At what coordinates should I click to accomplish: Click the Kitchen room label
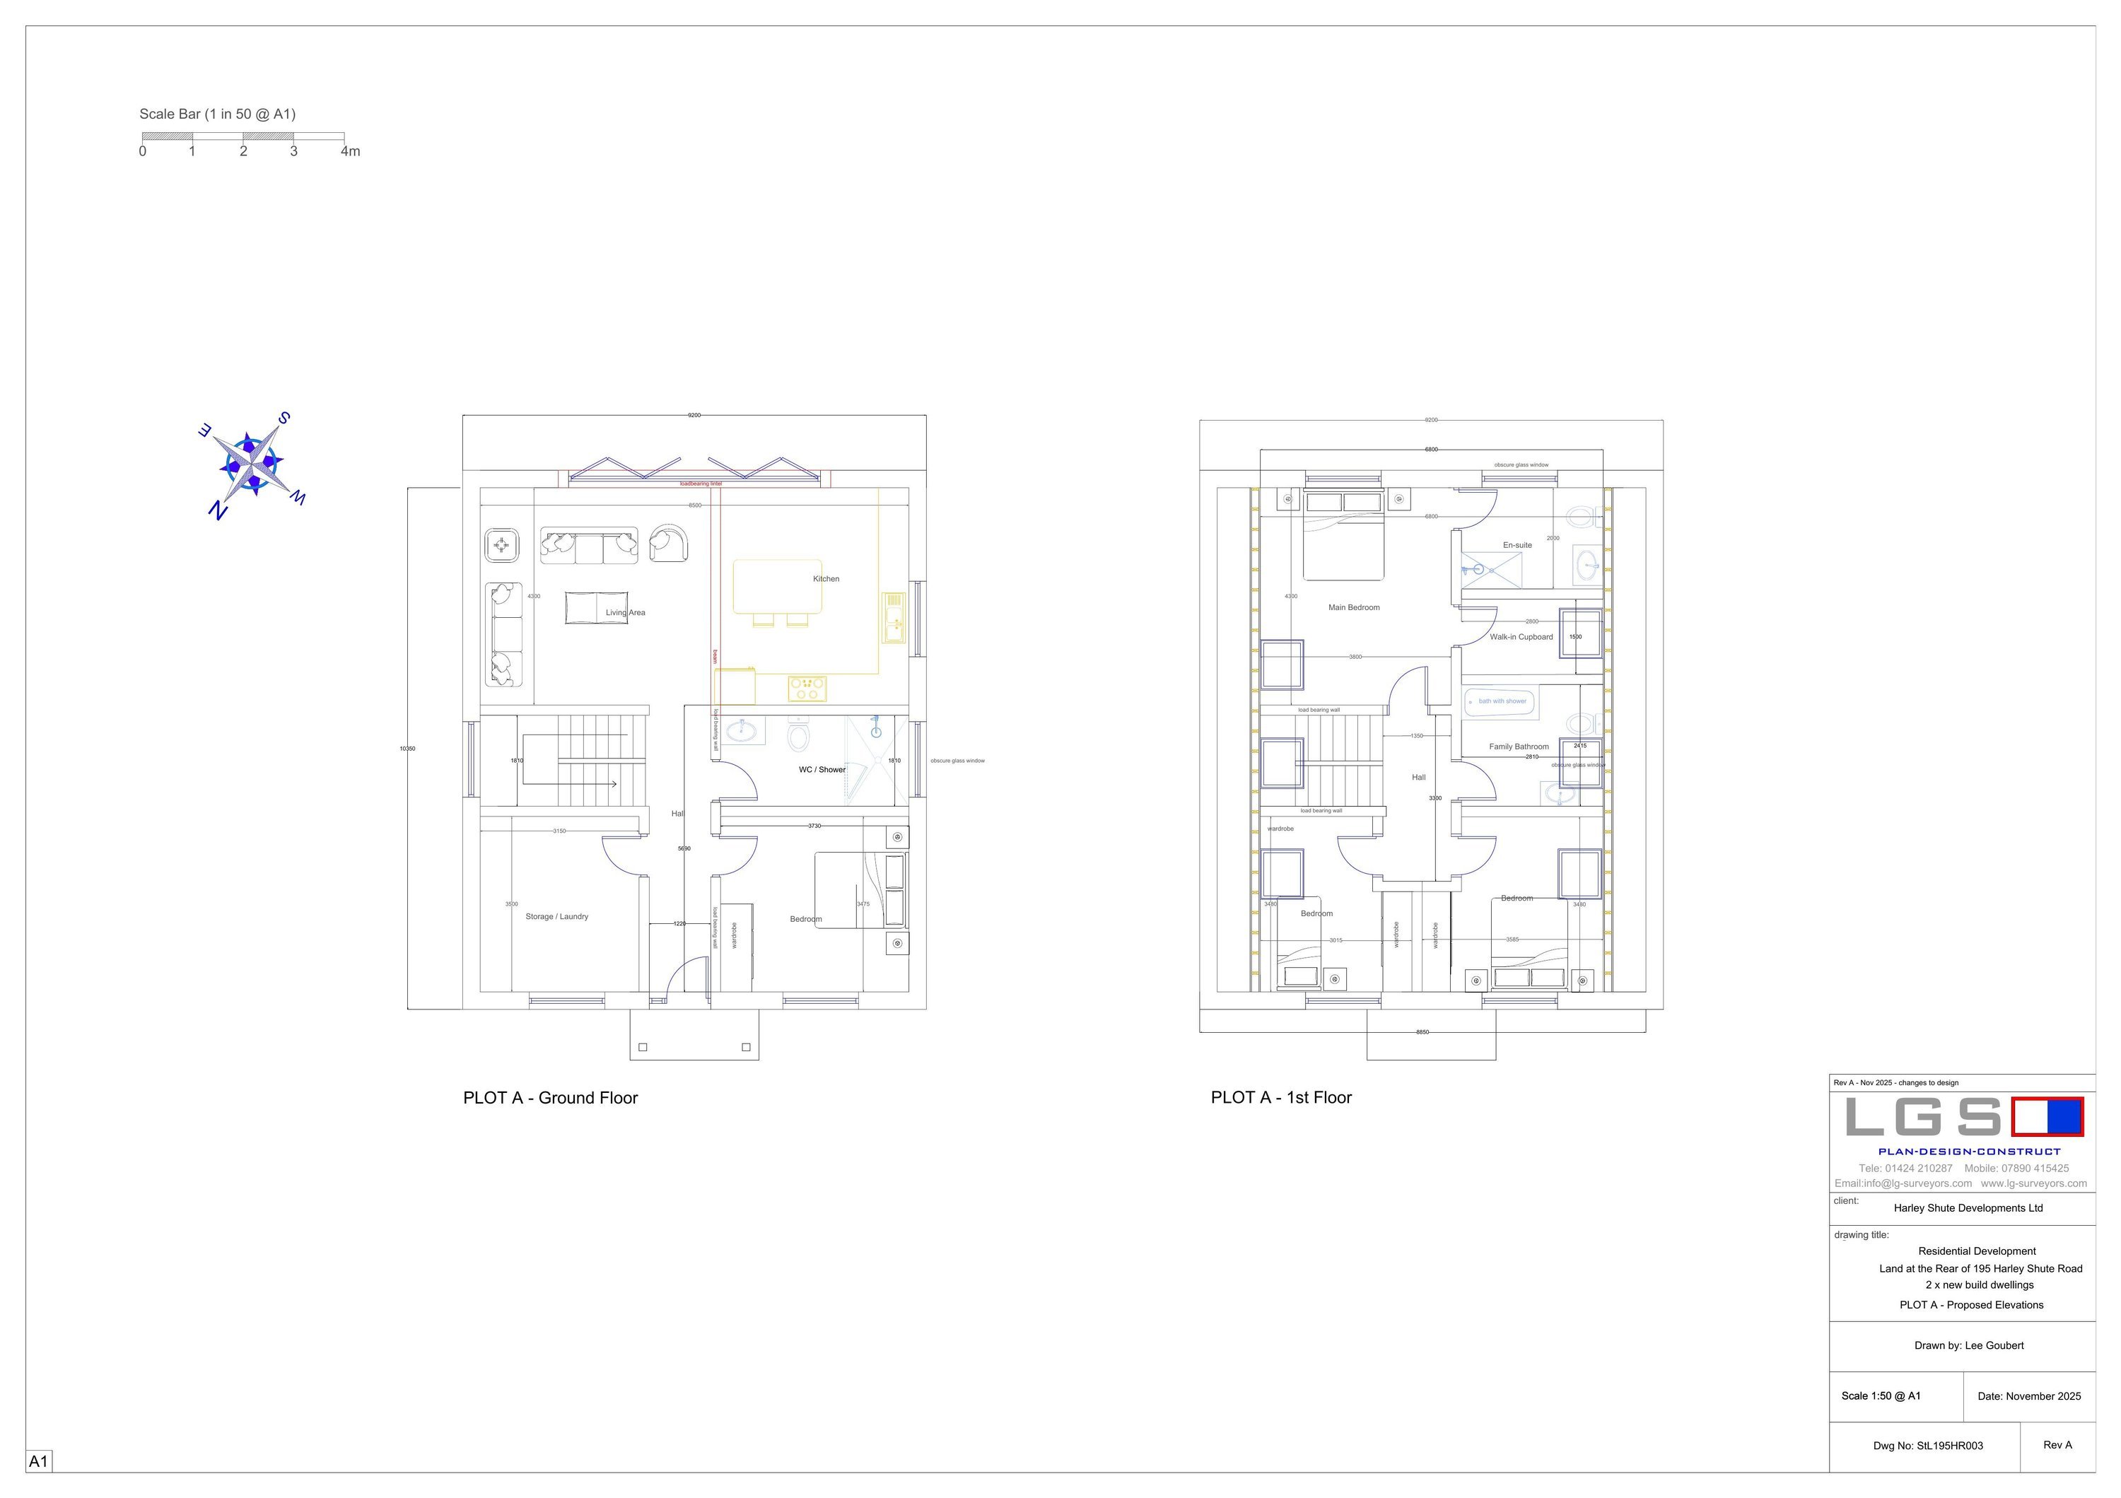click(x=826, y=579)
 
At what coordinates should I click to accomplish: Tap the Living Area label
click(x=626, y=612)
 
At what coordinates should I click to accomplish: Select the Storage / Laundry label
click(x=557, y=916)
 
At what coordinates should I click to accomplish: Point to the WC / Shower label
click(x=822, y=769)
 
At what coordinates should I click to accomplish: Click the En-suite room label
click(x=1517, y=545)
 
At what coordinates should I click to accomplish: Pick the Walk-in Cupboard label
click(x=1521, y=637)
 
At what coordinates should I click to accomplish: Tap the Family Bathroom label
click(x=1519, y=747)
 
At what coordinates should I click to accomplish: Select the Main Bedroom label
click(x=1353, y=608)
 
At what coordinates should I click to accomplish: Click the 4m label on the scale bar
click(x=350, y=151)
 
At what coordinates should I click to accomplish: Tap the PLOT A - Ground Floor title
click(x=551, y=1098)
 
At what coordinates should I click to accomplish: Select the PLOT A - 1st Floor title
click(x=1281, y=1098)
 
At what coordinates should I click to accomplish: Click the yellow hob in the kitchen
click(x=807, y=688)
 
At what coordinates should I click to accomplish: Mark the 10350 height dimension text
click(x=407, y=749)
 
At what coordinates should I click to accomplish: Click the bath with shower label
click(x=1502, y=701)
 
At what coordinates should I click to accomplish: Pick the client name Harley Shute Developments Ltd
click(x=1968, y=1208)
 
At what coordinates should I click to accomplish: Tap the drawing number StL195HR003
click(x=1928, y=1446)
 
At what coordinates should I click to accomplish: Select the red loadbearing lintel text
click(x=701, y=484)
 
